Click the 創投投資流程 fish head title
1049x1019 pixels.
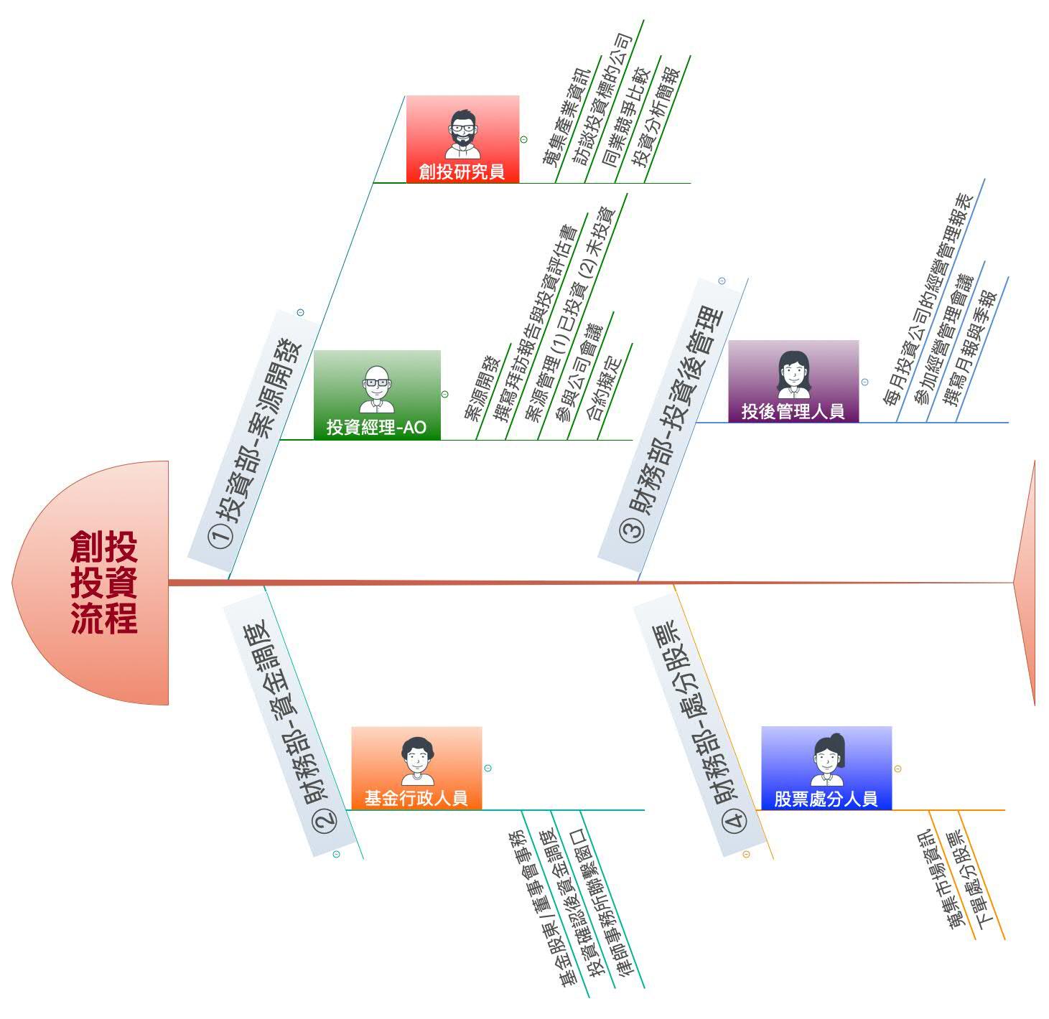pos(103,582)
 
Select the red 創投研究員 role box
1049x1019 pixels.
pos(462,138)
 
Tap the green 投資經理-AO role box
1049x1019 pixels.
pos(377,394)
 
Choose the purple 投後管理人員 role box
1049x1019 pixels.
pos(793,381)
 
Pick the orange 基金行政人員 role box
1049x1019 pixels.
pos(416,767)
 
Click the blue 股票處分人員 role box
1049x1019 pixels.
pos(826,767)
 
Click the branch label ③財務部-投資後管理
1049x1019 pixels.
pos(671,423)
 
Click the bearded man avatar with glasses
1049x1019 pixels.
pos(462,133)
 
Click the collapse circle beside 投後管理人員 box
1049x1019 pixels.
pos(864,382)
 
